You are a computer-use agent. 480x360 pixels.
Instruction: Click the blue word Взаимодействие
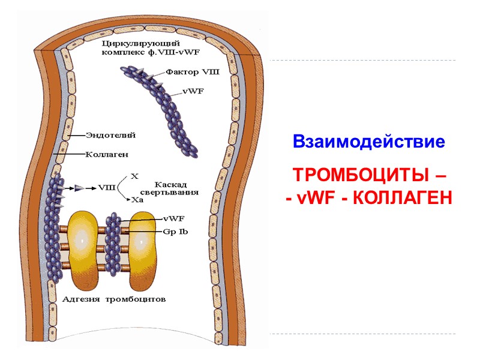[x=369, y=142]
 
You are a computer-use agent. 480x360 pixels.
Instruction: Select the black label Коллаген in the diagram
[x=107, y=154]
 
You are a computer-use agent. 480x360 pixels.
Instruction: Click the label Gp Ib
[x=176, y=231]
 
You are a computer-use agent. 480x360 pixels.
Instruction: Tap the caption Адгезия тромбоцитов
[x=115, y=298]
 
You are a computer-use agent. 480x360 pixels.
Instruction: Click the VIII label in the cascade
[x=107, y=188]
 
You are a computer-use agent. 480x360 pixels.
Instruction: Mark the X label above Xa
[x=134, y=176]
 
